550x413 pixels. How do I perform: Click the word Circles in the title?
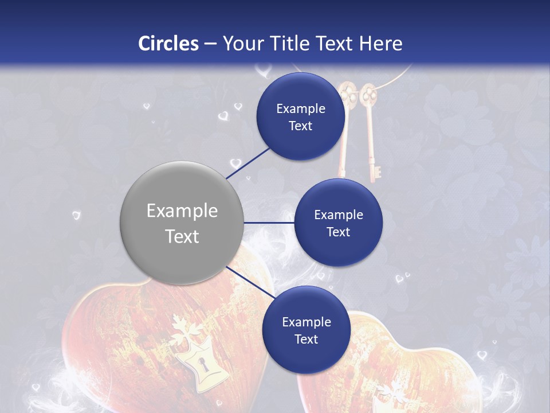point(168,44)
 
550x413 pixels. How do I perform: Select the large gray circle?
point(182,223)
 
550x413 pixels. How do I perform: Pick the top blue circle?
point(301,116)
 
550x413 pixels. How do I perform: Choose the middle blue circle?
point(338,223)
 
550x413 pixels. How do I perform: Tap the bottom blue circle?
point(306,330)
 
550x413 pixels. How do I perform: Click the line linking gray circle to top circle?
point(249,162)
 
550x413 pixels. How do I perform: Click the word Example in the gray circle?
point(182,211)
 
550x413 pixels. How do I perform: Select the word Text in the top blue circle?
point(301,126)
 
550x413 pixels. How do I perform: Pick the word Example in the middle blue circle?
point(338,215)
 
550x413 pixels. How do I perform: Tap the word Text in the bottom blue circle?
point(306,340)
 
